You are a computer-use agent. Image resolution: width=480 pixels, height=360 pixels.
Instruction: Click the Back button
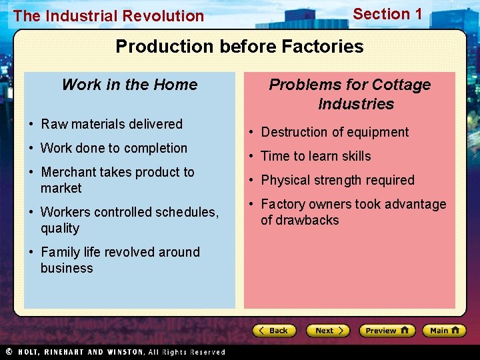pyautogui.click(x=274, y=331)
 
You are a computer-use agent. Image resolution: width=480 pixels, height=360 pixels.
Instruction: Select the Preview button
pyautogui.click(x=387, y=331)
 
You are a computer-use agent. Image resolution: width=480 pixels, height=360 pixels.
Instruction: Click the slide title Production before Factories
pyautogui.click(x=239, y=47)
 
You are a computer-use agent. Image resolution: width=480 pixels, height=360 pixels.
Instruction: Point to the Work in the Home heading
pyautogui.click(x=129, y=85)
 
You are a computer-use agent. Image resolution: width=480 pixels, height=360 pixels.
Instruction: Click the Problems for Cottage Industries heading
pyautogui.click(x=349, y=94)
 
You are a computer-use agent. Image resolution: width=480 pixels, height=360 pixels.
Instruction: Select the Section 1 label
pyautogui.click(x=387, y=14)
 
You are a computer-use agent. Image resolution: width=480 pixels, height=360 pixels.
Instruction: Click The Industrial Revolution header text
pyautogui.click(x=109, y=16)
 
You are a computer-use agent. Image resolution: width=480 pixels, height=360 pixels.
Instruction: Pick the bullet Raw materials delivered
pyautogui.click(x=111, y=124)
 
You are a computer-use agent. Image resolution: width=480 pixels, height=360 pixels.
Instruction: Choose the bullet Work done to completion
pyautogui.click(x=114, y=148)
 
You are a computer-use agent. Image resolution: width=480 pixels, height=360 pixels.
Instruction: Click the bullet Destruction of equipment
pyautogui.click(x=335, y=132)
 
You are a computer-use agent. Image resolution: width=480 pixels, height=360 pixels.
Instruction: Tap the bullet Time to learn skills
pyautogui.click(x=315, y=156)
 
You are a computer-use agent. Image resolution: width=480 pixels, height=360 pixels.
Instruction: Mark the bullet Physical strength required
pyautogui.click(x=337, y=180)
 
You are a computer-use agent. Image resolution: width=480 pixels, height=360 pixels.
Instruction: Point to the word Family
pyautogui.click(x=60, y=252)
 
